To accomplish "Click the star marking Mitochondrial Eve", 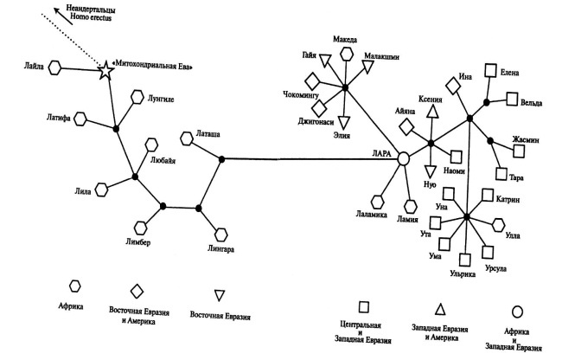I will (106, 71).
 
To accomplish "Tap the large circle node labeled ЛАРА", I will (401, 159).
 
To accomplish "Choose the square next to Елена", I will (490, 71).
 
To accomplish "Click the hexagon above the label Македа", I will (347, 54).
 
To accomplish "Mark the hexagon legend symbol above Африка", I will (75, 286).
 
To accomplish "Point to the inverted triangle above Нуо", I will (430, 170).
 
